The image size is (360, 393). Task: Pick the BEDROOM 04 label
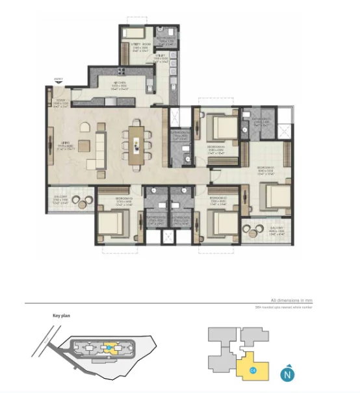(x=216, y=147)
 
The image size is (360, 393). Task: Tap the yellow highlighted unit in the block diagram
(x=248, y=367)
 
